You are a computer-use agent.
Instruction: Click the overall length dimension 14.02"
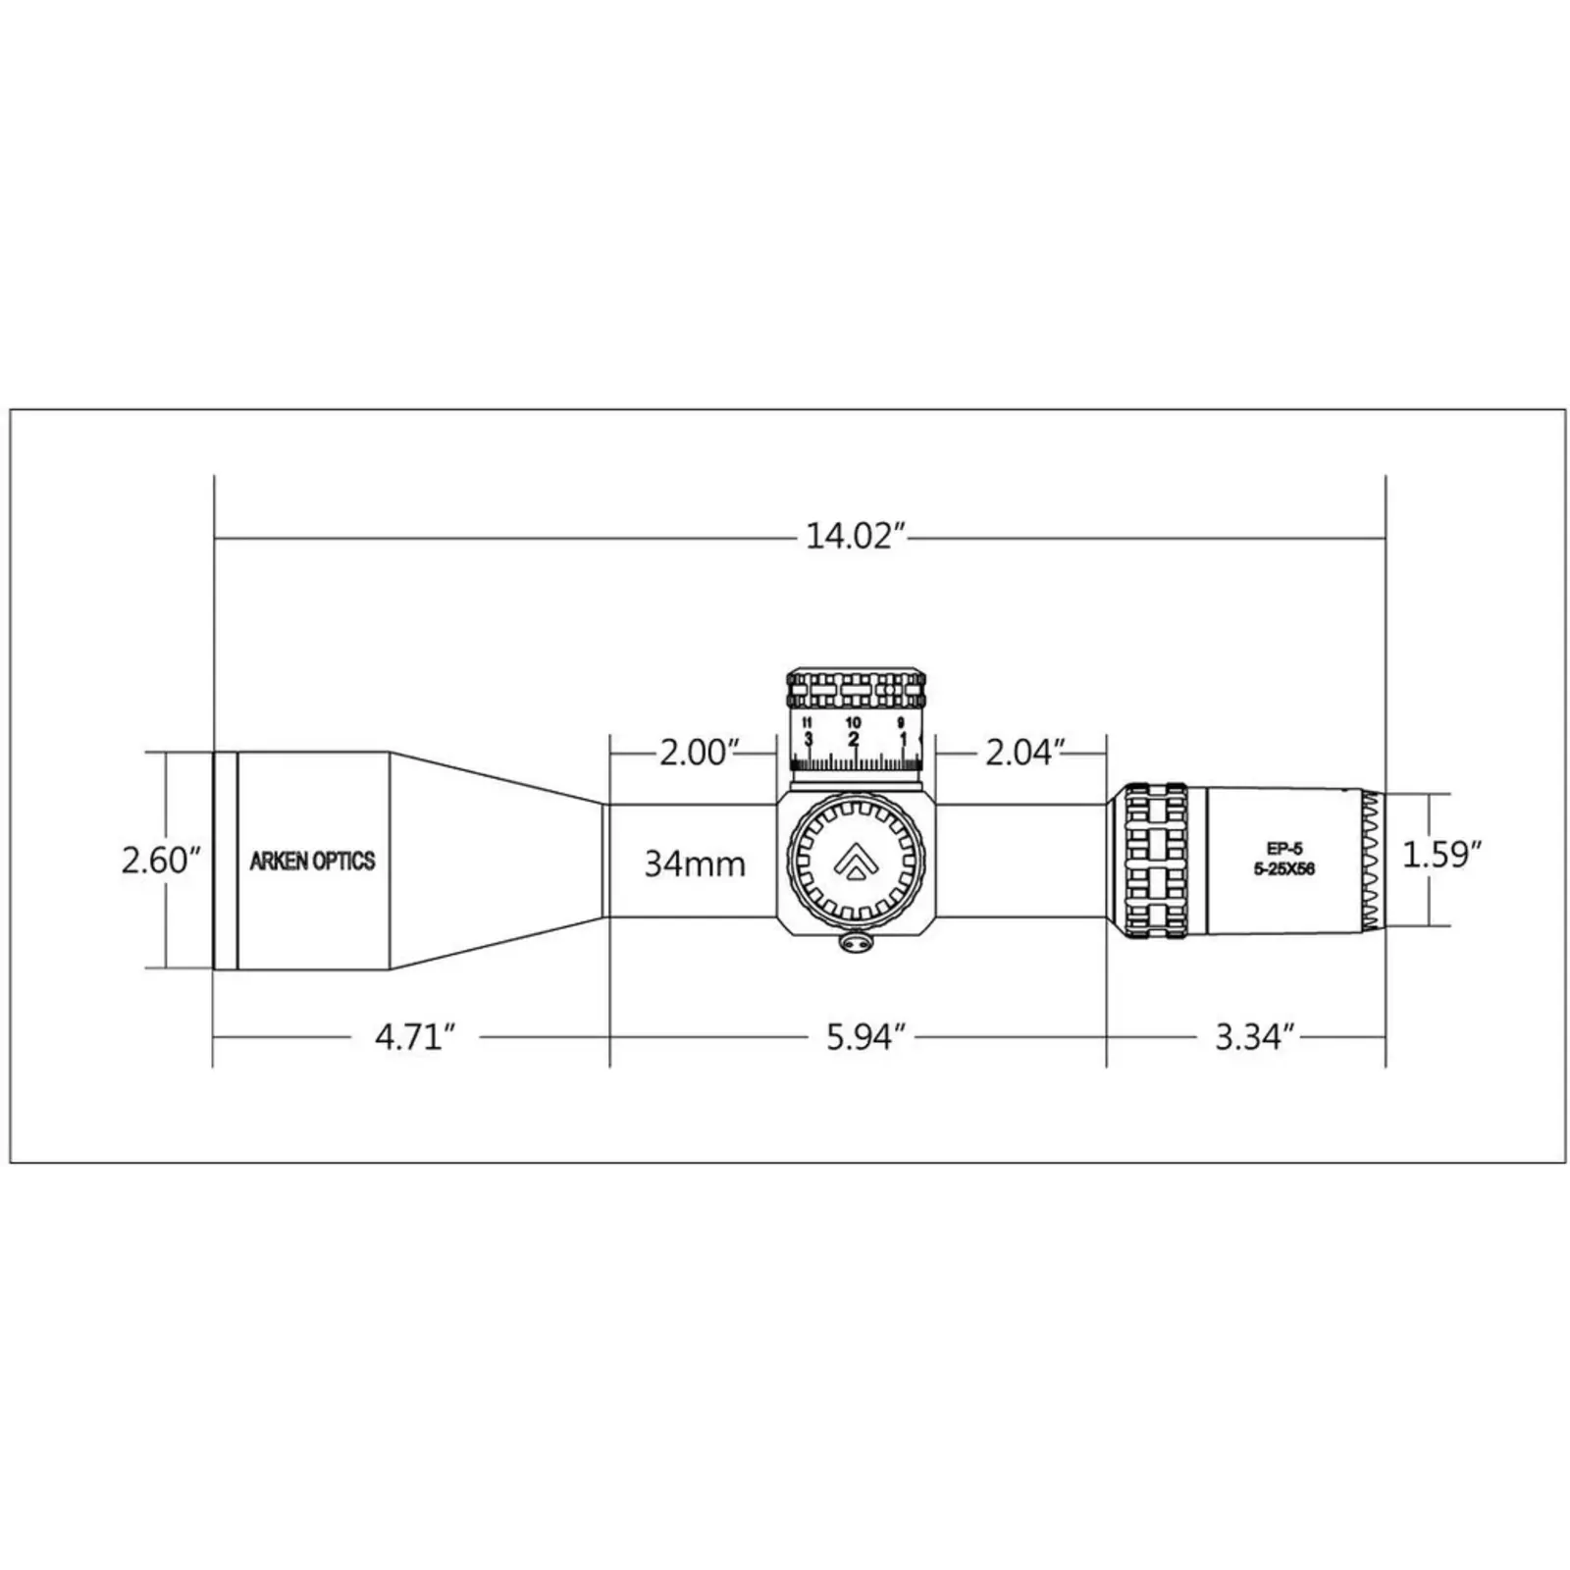click(x=853, y=538)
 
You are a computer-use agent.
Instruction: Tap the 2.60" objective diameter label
click(x=160, y=861)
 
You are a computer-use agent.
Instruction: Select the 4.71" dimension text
click(x=415, y=1036)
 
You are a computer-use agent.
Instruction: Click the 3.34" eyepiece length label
click(x=1255, y=1036)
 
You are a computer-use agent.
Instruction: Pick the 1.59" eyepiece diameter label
click(x=1439, y=855)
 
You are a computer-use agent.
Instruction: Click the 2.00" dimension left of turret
click(x=698, y=753)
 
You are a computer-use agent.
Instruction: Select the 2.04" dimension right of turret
click(x=1024, y=753)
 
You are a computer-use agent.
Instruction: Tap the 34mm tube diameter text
click(x=694, y=863)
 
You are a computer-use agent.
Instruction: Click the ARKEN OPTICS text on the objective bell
click(x=312, y=862)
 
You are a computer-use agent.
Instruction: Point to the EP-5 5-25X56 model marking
click(x=1283, y=860)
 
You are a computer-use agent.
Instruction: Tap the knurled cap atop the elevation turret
click(x=857, y=690)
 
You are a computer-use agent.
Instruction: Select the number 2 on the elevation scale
click(x=853, y=739)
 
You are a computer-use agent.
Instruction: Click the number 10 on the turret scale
click(x=853, y=723)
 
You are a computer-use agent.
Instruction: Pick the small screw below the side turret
click(x=857, y=942)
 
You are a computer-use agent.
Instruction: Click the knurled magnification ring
click(x=1155, y=861)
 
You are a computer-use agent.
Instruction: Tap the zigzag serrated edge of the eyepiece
click(x=1371, y=861)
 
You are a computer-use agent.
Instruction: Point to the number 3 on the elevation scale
click(x=809, y=739)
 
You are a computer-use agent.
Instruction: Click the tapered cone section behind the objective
click(x=496, y=861)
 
